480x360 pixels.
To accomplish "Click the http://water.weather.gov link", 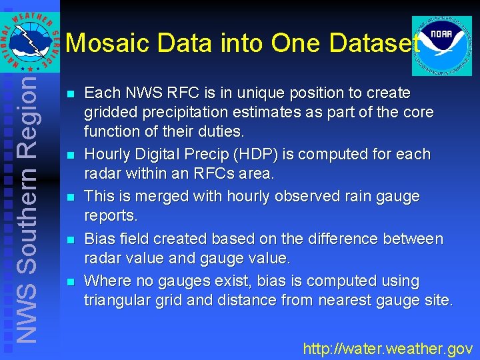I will pos(387,348).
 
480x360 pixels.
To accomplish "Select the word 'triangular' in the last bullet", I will pos(116,301).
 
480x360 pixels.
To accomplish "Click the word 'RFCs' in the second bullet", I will pos(232,174).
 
